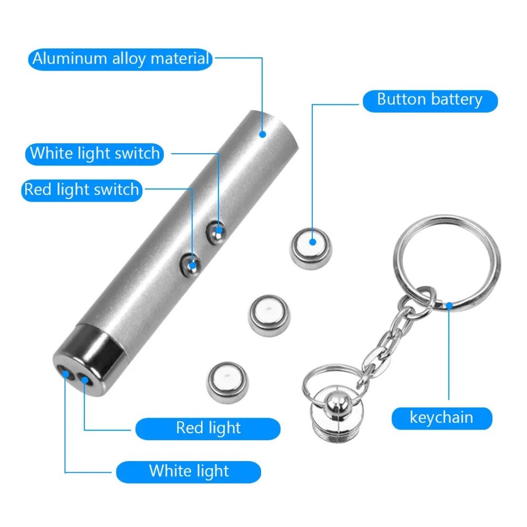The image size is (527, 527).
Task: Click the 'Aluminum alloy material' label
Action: [x=120, y=59]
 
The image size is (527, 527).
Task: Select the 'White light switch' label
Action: [x=94, y=154]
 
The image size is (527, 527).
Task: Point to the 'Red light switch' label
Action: [x=82, y=190]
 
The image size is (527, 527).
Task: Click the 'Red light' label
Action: [x=208, y=429]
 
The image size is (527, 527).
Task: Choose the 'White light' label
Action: [x=188, y=472]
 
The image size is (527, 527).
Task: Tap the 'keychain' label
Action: [x=442, y=418]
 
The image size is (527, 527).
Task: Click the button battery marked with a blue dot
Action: [x=311, y=248]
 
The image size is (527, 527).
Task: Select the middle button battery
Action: [x=269, y=315]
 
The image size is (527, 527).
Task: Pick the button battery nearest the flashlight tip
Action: [x=227, y=382]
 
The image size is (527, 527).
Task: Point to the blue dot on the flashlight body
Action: [x=263, y=134]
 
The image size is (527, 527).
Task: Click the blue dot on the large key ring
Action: [x=449, y=305]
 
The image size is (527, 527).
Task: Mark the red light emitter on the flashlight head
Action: [x=84, y=380]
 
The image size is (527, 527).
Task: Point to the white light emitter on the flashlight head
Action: [x=65, y=374]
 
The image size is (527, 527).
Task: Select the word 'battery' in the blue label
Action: [x=456, y=100]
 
